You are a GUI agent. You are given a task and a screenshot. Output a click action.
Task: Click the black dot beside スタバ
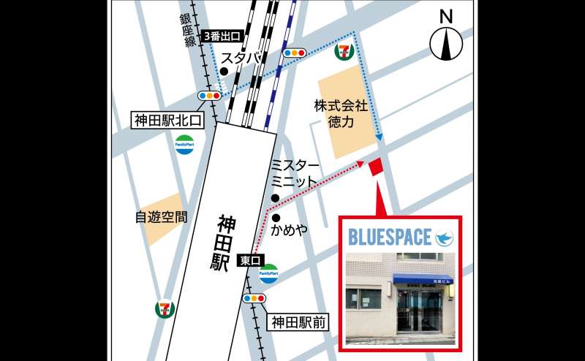tap(224, 71)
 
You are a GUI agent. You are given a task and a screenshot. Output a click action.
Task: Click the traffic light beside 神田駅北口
tap(210, 96)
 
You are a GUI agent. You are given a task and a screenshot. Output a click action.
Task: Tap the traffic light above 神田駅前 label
tap(254, 298)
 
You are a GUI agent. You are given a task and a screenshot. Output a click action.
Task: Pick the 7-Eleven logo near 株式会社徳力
tap(343, 52)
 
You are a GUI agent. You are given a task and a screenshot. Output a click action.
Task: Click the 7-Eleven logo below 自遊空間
tap(164, 308)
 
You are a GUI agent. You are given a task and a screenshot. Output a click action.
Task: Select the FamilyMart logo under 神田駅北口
tap(184, 144)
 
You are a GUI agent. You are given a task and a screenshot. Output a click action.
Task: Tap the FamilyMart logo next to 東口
tap(269, 274)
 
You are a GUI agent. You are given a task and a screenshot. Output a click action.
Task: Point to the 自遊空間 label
tap(161, 217)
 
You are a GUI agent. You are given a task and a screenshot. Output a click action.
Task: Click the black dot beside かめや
tap(276, 217)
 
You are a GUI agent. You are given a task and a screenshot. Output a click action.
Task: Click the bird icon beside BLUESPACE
tap(443, 237)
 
